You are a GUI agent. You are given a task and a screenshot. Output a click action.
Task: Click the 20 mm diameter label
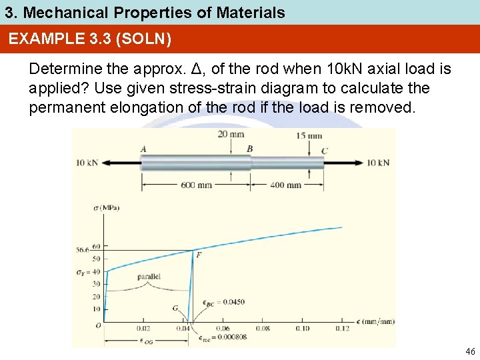(231, 135)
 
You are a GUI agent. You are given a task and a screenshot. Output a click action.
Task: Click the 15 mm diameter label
(309, 136)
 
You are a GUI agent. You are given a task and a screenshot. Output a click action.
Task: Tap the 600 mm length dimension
(197, 185)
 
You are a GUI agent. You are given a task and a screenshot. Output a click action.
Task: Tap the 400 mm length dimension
(285, 185)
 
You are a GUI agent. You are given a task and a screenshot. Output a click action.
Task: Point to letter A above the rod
(143, 149)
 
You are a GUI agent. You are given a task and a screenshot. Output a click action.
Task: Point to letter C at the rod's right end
(325, 151)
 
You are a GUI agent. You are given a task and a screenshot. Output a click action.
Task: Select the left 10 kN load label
(87, 163)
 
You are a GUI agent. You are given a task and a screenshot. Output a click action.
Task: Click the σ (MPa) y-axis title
(106, 208)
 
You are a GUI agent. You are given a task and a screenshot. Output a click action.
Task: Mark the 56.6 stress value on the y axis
(82, 250)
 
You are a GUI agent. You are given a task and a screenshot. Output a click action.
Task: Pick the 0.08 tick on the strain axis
(263, 328)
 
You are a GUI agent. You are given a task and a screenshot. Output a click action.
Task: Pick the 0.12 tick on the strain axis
(342, 328)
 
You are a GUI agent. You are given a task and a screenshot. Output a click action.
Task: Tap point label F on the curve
(199, 255)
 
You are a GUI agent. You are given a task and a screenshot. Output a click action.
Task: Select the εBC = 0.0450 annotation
(224, 302)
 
